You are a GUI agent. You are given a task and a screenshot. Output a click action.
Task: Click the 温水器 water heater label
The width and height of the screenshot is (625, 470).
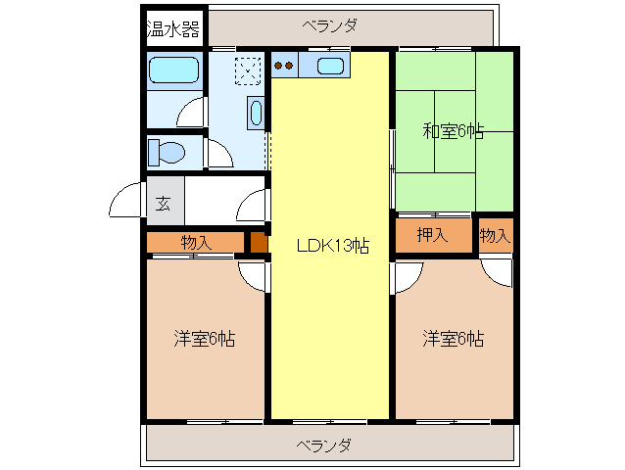173,29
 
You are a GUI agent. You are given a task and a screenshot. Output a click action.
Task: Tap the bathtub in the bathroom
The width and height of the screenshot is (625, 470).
173,72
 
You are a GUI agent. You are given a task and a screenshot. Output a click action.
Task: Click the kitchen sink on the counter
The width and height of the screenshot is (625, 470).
329,67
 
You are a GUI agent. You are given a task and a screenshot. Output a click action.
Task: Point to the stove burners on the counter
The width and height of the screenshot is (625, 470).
285,67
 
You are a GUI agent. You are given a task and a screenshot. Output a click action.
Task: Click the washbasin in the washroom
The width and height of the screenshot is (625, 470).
256,113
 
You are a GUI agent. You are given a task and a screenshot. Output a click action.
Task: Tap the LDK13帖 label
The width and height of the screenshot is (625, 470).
332,246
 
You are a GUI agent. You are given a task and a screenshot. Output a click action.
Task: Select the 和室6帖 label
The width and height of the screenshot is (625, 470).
453,131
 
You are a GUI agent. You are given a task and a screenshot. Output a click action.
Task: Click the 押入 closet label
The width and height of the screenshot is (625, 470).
432,235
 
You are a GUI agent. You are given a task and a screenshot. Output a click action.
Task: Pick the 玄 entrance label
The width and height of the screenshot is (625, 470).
163,205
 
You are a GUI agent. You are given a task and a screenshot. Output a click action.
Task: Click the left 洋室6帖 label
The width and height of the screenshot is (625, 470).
204,339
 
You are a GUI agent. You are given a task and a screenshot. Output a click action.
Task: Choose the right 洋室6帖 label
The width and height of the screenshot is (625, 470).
453,339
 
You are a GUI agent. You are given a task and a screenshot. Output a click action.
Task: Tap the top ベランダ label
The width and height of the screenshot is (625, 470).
329,26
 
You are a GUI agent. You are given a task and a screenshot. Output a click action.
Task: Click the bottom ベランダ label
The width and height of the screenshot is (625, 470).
324,446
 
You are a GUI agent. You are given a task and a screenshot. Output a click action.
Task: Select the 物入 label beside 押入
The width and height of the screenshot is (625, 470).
495,235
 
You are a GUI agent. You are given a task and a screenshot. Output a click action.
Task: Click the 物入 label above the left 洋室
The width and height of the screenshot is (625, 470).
196,242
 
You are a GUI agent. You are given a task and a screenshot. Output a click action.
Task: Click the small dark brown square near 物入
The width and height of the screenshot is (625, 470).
258,242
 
